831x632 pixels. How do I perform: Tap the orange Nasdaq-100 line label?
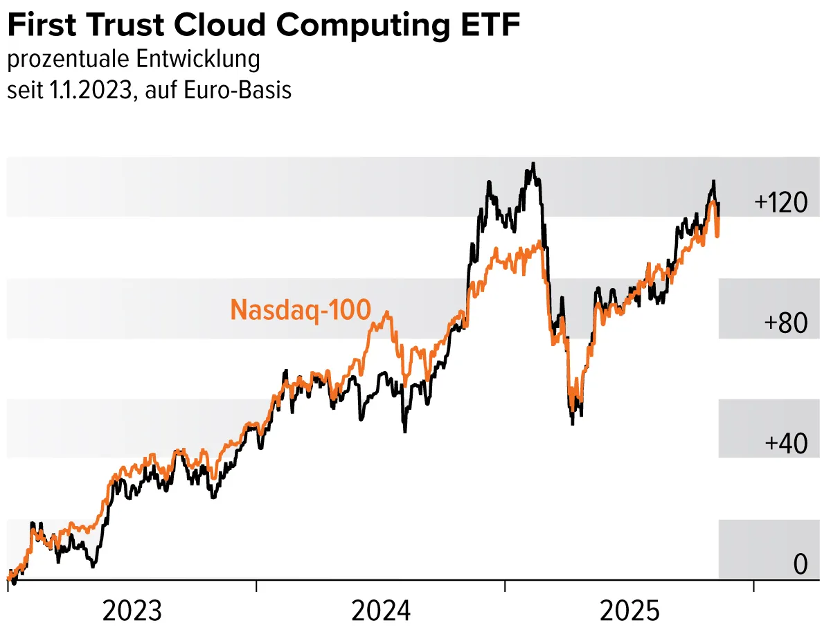click(x=301, y=309)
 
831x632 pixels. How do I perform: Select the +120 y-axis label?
click(x=780, y=203)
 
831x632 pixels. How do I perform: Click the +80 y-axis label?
click(x=785, y=323)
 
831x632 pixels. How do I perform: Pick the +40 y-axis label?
click(x=785, y=444)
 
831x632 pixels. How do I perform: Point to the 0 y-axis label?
click(x=801, y=565)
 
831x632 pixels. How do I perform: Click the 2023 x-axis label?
click(x=132, y=612)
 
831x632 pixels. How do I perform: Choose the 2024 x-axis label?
click(x=381, y=612)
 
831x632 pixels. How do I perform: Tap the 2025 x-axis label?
click(x=629, y=612)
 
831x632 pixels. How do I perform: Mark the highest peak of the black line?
click(x=533, y=164)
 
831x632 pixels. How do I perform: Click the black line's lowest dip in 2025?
click(x=572, y=423)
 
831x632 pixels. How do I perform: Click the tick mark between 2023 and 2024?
click(x=256, y=587)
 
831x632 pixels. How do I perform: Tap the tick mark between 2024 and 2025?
click(x=505, y=587)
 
